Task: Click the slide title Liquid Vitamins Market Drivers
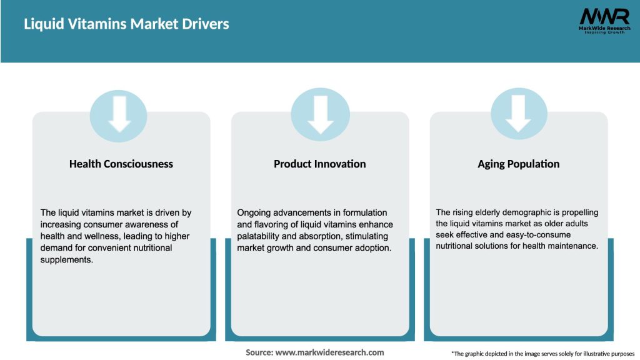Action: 126,24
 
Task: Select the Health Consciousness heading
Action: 121,164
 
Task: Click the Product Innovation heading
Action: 319,164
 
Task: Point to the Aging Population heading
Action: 518,164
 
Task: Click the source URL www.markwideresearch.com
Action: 330,352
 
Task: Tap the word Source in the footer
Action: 259,352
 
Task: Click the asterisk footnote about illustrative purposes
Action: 542,354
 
